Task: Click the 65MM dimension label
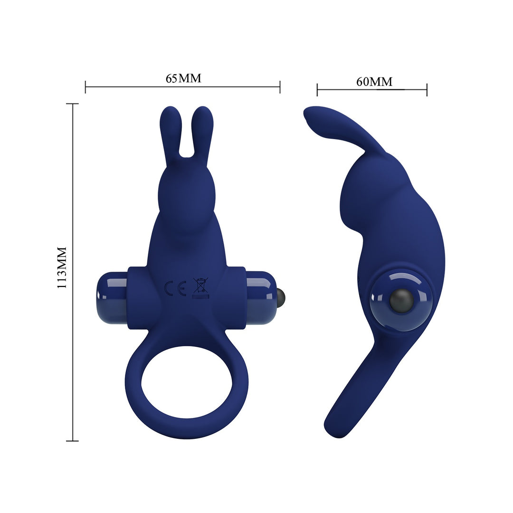coord(183,78)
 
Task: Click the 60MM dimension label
coord(374,82)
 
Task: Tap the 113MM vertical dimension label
coord(62,268)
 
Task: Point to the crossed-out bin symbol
coord(200,287)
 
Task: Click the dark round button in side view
coord(399,300)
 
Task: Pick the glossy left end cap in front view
coord(111,297)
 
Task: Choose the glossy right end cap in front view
coord(261,297)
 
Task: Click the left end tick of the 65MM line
coord(85,87)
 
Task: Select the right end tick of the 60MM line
coord(427,89)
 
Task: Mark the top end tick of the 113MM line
coord(73,104)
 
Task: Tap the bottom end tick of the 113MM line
coord(73,441)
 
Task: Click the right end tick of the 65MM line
coord(280,87)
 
